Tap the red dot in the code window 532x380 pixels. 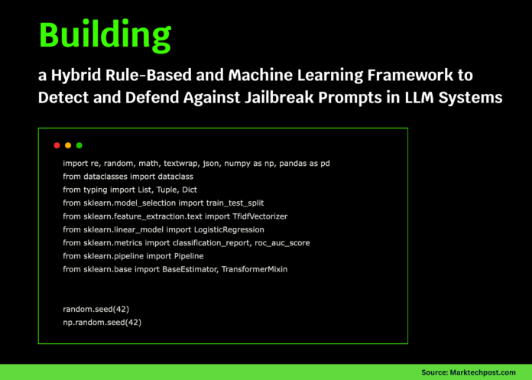pyautogui.click(x=57, y=145)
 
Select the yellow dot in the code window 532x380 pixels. pyautogui.click(x=68, y=145)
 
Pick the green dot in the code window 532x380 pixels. pyautogui.click(x=79, y=145)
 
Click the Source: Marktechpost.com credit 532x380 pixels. pyautogui.click(x=469, y=372)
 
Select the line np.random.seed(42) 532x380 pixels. pyautogui.click(x=102, y=323)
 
